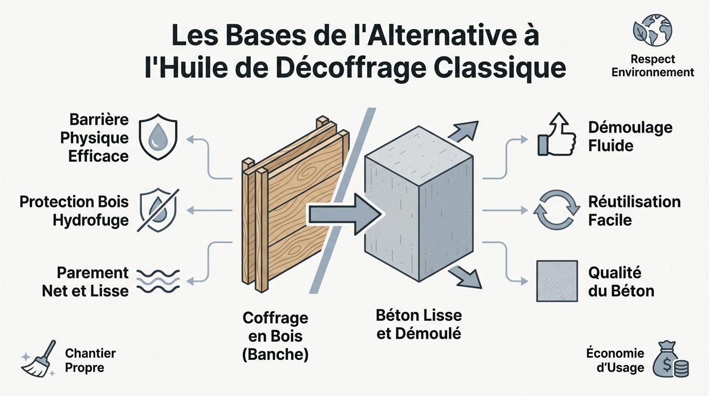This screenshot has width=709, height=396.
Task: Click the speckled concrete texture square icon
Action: click(x=556, y=281)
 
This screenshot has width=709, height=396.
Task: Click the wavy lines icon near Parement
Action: click(x=158, y=282)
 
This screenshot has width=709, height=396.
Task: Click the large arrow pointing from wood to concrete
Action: click(x=343, y=212)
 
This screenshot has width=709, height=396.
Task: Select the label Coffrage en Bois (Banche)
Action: click(x=275, y=336)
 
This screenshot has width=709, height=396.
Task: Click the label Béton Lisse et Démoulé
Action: click(x=419, y=324)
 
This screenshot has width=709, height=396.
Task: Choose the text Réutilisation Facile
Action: click(x=634, y=210)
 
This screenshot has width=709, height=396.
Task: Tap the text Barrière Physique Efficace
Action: click(x=98, y=138)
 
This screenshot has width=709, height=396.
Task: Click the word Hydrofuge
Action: click(x=91, y=220)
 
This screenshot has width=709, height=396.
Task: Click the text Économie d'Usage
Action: click(x=615, y=360)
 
